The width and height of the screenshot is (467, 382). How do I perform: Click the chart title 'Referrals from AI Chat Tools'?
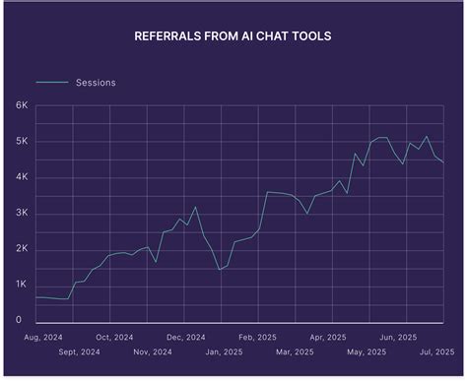pos(233,37)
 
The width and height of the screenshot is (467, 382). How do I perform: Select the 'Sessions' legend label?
pos(96,83)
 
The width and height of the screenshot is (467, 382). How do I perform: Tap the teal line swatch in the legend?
pos(52,83)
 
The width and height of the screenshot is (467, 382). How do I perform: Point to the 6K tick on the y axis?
pos(21,105)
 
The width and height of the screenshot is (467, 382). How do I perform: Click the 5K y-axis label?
pos(21,142)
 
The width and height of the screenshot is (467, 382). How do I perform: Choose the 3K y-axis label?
pos(21,213)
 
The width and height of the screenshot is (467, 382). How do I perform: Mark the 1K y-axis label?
pos(21,285)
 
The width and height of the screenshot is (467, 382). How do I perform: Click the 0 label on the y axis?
pos(18,320)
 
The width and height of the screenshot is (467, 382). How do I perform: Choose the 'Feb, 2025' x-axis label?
pos(260,336)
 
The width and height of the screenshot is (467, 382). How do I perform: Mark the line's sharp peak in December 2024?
pos(195,207)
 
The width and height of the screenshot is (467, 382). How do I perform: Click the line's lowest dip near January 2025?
pos(220,269)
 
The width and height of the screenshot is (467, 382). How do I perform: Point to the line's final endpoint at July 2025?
pos(443,162)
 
